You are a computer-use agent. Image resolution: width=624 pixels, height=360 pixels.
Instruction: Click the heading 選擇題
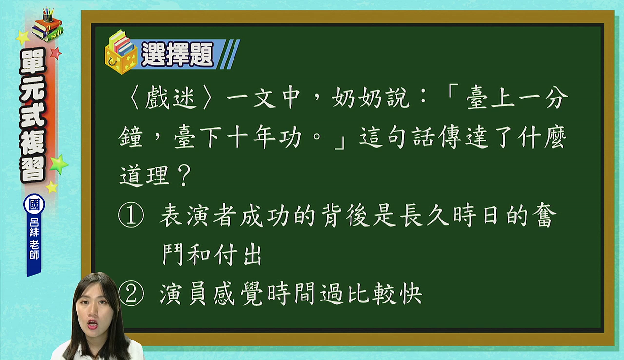click(x=177, y=54)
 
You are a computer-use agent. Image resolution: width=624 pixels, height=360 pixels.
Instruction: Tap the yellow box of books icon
click(x=120, y=52)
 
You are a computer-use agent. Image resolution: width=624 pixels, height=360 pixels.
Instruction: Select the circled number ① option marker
click(x=131, y=215)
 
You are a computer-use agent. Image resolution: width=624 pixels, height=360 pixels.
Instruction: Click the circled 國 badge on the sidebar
click(x=34, y=204)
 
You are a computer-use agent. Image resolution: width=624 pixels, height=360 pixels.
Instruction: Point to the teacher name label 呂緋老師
click(x=34, y=239)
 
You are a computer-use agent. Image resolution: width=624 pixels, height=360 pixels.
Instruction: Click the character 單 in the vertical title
click(x=33, y=61)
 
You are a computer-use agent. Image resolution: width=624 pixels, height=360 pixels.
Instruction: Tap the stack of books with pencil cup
click(x=48, y=25)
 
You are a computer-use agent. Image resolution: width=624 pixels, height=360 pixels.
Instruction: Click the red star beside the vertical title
click(x=56, y=53)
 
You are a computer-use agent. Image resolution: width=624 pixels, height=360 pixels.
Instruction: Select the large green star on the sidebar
click(x=58, y=164)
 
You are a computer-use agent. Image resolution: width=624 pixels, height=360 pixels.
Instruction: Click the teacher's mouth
click(x=92, y=324)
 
